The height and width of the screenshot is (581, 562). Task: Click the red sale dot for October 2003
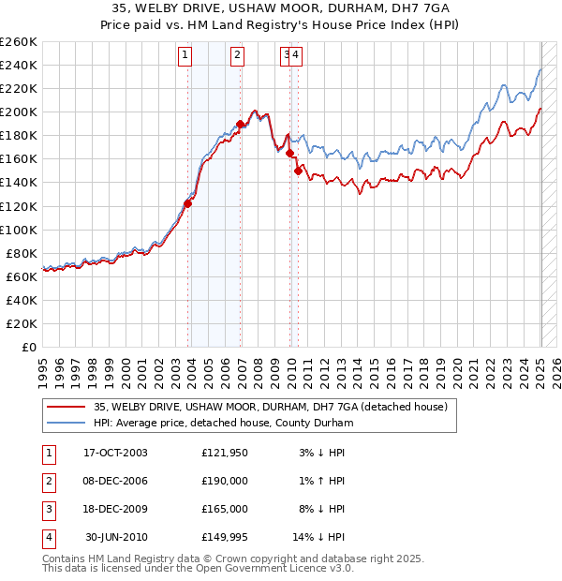pos(187,202)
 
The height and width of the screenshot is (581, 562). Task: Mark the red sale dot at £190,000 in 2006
pos(241,124)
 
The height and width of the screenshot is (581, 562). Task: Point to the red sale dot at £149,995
pos(298,171)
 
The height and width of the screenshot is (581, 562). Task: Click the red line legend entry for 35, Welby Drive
pos(271,407)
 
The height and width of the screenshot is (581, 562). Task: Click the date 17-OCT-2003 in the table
pos(115,453)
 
